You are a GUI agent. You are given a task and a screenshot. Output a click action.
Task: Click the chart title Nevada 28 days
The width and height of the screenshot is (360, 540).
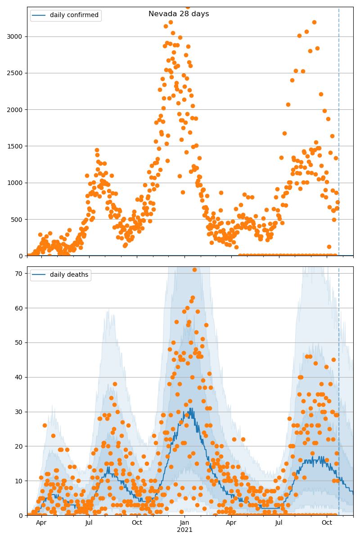[x=179, y=14]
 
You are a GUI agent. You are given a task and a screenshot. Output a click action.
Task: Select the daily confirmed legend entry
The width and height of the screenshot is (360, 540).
[x=66, y=15]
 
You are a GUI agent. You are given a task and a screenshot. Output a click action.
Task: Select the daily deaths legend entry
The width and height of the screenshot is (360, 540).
[x=61, y=275]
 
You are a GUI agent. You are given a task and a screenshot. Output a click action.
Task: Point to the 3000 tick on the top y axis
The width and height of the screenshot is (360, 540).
[x=16, y=36]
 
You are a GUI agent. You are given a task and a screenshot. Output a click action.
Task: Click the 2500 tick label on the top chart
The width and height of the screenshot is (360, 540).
[x=16, y=73]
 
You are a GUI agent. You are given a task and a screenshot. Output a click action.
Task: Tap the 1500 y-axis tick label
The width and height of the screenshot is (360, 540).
[x=16, y=146]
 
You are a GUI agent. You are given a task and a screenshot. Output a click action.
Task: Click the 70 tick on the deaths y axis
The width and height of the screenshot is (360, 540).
[x=19, y=273]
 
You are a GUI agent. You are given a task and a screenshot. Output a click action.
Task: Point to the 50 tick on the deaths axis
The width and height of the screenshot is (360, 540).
[x=19, y=342]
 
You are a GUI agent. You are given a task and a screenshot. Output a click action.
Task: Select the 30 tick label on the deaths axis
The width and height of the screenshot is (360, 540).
[x=19, y=412]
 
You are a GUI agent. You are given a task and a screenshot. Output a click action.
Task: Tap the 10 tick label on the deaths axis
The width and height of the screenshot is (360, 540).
[x=19, y=481]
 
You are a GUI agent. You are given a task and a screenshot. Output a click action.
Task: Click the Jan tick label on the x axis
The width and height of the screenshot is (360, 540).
[x=184, y=523]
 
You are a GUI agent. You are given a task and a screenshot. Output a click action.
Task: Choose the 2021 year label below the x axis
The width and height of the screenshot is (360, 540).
[x=184, y=530]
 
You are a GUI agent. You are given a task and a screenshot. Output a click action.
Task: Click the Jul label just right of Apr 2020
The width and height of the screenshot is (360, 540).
[x=89, y=523]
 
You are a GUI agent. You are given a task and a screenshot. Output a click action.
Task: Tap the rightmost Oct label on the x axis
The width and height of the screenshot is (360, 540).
[x=327, y=523]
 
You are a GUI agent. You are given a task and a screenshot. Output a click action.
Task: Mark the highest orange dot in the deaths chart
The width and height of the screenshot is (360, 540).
[x=194, y=270]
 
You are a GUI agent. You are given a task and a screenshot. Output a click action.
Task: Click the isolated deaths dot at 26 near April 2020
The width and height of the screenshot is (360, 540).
[x=45, y=425]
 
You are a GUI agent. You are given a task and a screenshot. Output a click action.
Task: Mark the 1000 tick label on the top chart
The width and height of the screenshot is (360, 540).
[x=16, y=183]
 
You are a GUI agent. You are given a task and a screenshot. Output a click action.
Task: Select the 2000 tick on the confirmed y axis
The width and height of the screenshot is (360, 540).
[x=16, y=110]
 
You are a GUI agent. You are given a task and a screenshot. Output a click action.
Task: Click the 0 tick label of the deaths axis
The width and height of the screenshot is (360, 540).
[x=21, y=516]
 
